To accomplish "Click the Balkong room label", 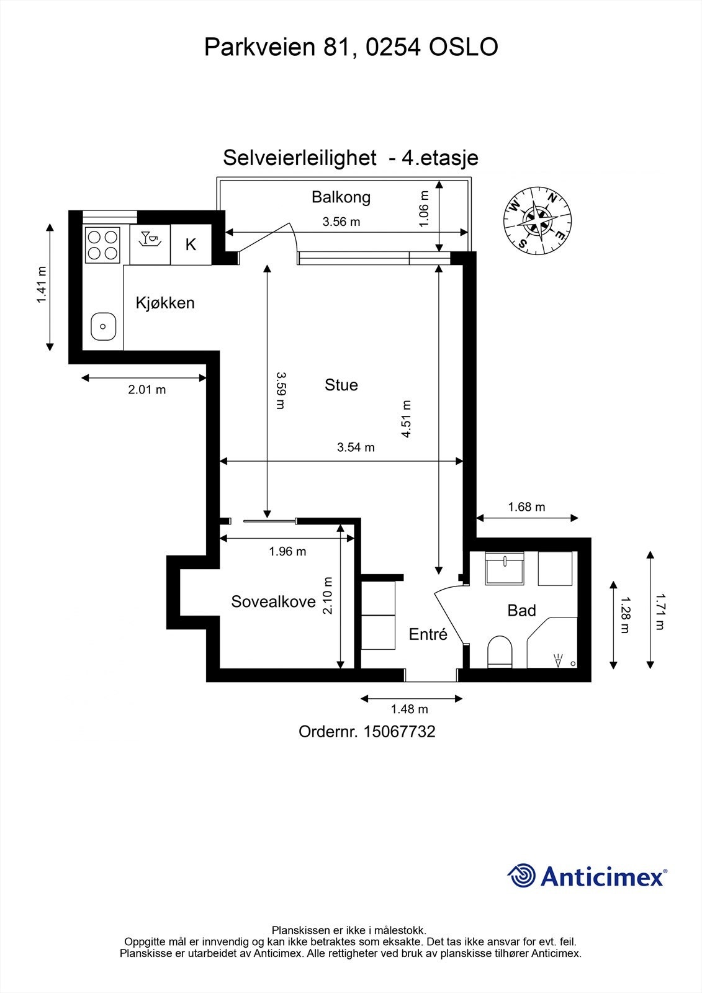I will pyautogui.click(x=341, y=197).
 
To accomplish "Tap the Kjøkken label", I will pyautogui.click(x=165, y=303).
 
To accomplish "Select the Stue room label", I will pyautogui.click(x=341, y=385).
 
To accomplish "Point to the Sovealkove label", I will pyautogui.click(x=273, y=601).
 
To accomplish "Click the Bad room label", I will pyautogui.click(x=521, y=611).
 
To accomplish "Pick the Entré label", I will pyautogui.click(x=428, y=634).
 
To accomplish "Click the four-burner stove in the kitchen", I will pyautogui.click(x=103, y=245).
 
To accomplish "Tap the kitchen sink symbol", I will pyautogui.click(x=103, y=326).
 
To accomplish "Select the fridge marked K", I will pyautogui.click(x=191, y=245).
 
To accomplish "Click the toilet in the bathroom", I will pyautogui.click(x=500, y=652).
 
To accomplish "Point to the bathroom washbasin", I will pyautogui.click(x=505, y=568).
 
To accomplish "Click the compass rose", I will pyautogui.click(x=538, y=219).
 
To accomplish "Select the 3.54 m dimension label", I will pyautogui.click(x=356, y=447).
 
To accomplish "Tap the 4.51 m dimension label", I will pyautogui.click(x=407, y=419).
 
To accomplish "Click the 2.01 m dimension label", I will pyautogui.click(x=147, y=390).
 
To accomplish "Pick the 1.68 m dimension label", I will pyautogui.click(x=526, y=507).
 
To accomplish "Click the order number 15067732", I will pyautogui.click(x=399, y=732).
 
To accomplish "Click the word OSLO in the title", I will pyautogui.click(x=464, y=47).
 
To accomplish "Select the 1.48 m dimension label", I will pyautogui.click(x=409, y=709).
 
